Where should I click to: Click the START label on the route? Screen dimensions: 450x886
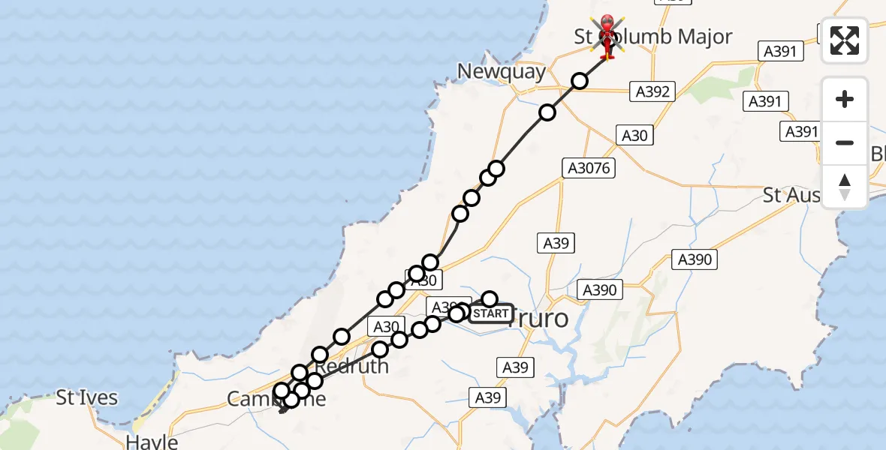(491, 313)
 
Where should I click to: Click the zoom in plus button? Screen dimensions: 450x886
(845, 100)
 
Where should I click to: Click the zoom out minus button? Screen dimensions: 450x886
(845, 142)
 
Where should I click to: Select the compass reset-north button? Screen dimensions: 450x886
(845, 187)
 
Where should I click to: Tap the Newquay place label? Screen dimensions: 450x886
(501, 72)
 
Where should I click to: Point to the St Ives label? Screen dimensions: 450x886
(87, 397)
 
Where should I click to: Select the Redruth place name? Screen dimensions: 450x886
(351, 367)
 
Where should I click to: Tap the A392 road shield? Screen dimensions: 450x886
(652, 91)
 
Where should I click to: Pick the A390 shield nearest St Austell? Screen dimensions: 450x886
(695, 259)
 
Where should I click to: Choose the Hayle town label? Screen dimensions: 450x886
(152, 441)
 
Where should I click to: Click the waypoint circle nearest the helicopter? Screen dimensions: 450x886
(580, 80)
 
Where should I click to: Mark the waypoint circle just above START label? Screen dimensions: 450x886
(490, 299)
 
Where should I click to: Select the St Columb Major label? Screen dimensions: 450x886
(653, 37)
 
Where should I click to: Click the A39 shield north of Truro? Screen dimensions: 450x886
(556, 243)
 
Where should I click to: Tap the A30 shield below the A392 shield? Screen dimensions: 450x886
(634, 135)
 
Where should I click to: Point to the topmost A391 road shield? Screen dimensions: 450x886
(781, 51)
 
